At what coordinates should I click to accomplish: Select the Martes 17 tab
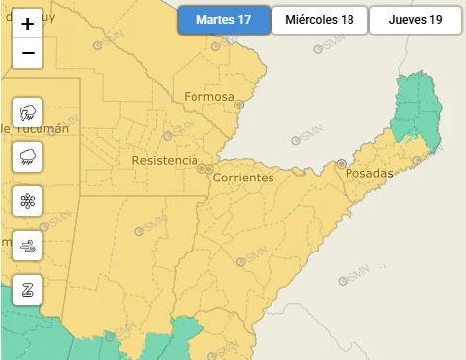pos(224,21)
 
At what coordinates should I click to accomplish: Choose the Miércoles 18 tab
pos(319,21)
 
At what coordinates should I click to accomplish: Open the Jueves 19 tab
pos(416,21)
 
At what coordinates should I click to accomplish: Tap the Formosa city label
pos(208,97)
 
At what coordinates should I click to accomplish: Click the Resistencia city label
pos(164,160)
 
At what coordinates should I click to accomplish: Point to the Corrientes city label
pos(243,178)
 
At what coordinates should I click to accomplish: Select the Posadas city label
pos(369,174)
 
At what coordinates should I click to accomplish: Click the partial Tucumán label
pos(36,129)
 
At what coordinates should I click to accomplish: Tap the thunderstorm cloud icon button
pos(28,111)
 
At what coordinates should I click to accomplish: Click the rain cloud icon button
pos(28,156)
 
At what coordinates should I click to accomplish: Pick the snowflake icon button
pos(28,201)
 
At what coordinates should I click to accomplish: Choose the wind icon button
pos(28,246)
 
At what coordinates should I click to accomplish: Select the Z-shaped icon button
pos(28,290)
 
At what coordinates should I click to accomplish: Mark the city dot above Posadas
pos(342,163)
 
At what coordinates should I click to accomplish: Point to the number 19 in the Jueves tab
pos(435,21)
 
